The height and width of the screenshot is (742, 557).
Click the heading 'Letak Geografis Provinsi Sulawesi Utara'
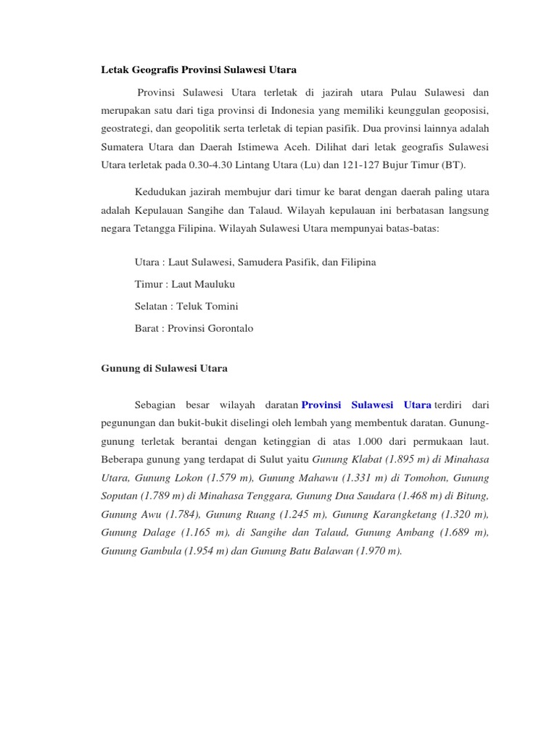pyautogui.click(x=198, y=70)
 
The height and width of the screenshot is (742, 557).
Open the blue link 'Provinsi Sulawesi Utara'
pyautogui.click(x=366, y=404)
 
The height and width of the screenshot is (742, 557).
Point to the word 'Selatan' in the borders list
pyautogui.click(x=152, y=307)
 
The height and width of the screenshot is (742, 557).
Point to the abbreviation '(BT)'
pyautogui.click(x=450, y=165)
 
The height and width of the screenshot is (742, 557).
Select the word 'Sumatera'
pyautogui.click(x=123, y=147)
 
